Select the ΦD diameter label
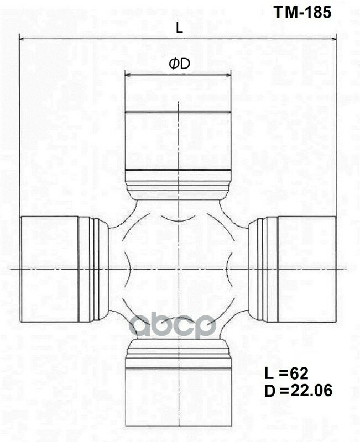[179, 64]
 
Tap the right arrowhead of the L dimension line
[333, 39]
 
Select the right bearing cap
[307, 269]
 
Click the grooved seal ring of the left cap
[91, 269]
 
